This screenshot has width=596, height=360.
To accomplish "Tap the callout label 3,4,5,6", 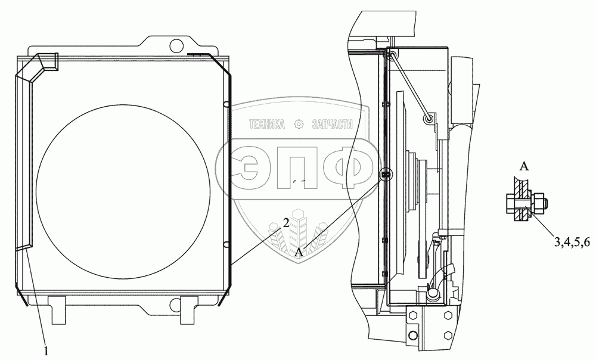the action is tap(572, 242).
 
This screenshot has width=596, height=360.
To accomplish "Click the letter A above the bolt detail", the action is tap(524, 166).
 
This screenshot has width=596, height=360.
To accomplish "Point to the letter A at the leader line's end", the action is tap(300, 252).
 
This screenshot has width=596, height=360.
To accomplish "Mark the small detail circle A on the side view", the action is tap(386, 174).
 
